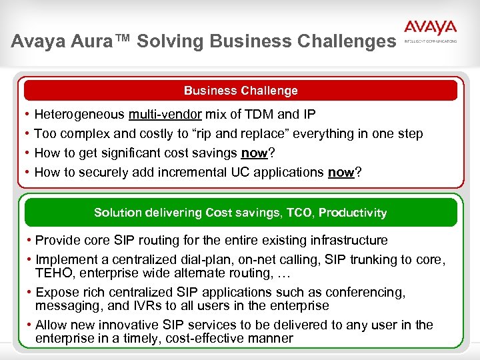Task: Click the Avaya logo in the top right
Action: click(430, 29)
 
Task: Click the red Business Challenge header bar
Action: click(241, 91)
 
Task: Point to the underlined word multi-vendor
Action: click(166, 115)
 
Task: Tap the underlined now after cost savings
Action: click(254, 153)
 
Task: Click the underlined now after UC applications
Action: click(341, 173)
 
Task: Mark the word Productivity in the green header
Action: click(353, 213)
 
